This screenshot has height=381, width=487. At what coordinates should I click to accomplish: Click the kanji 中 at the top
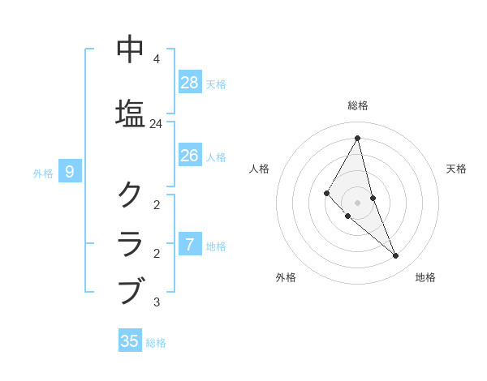click(x=131, y=49)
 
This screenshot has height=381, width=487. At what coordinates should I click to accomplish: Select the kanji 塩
click(x=131, y=112)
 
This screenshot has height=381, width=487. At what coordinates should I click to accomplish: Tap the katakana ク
click(x=131, y=194)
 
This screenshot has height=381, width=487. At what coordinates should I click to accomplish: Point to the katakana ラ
click(x=131, y=242)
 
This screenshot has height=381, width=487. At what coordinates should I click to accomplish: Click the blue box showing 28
click(x=190, y=83)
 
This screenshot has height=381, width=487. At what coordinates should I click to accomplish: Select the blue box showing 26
click(x=190, y=156)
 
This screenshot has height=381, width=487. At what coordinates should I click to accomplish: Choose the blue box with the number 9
click(x=71, y=171)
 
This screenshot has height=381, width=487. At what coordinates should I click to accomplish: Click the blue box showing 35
click(x=130, y=341)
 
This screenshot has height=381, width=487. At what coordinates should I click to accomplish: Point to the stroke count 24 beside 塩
click(x=156, y=124)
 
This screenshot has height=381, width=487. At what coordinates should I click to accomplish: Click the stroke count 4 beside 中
click(x=156, y=59)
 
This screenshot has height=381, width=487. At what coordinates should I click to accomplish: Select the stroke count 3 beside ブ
click(x=156, y=302)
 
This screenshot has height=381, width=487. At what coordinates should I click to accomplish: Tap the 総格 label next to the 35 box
click(x=156, y=343)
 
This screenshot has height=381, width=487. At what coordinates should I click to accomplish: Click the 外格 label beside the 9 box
click(x=43, y=173)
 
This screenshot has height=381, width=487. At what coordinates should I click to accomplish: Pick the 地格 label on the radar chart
click(x=425, y=277)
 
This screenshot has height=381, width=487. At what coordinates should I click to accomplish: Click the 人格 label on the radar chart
click(x=259, y=169)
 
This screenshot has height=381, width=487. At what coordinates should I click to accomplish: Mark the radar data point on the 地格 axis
click(x=396, y=256)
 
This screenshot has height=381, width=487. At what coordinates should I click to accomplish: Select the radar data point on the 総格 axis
click(x=357, y=138)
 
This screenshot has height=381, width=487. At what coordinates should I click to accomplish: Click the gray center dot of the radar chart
click(x=357, y=202)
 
